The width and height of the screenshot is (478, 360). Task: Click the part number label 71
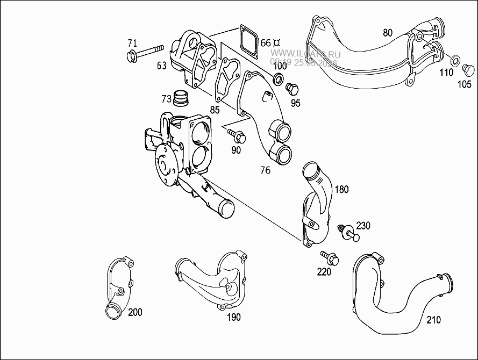click(x=132, y=43)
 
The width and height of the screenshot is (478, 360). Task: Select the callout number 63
click(x=161, y=66)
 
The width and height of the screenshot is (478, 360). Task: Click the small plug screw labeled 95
click(x=291, y=88)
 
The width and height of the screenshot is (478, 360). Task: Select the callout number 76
click(x=265, y=170)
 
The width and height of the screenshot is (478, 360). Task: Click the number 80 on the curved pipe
click(x=388, y=32)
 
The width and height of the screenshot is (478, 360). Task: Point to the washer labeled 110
click(x=455, y=59)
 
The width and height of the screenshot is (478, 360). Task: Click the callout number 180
click(x=342, y=189)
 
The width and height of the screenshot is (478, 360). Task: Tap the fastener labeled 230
click(x=348, y=233)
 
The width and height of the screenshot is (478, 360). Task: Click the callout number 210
click(x=433, y=320)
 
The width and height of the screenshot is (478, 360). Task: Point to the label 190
click(x=233, y=317)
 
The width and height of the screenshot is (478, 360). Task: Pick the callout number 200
click(x=135, y=312)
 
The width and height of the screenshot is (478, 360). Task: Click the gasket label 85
click(x=215, y=110)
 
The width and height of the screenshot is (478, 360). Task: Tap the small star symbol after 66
click(x=278, y=42)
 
